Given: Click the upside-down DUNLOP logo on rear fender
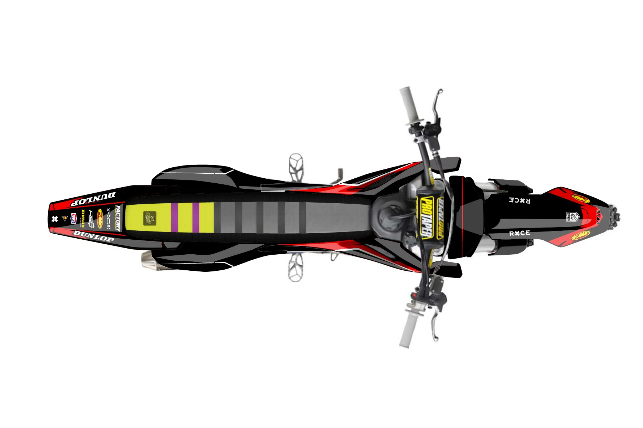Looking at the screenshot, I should pyautogui.click(x=93, y=199).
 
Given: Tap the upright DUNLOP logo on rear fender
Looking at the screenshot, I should pyautogui.click(x=94, y=236).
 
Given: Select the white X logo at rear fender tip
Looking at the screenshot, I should pyautogui.click(x=55, y=219).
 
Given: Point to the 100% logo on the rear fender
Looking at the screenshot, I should pyautogui.click(x=74, y=218).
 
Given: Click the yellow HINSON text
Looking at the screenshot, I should pyautogui.click(x=83, y=218).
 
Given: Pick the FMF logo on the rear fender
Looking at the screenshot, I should pyautogui.click(x=100, y=218).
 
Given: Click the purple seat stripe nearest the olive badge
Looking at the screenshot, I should pyautogui.click(x=174, y=218).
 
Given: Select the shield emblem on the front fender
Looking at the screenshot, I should pyautogui.click(x=572, y=217).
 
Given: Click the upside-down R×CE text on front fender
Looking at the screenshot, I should pyautogui.click(x=519, y=200).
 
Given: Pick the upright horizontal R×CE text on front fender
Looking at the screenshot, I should pyautogui.click(x=519, y=234).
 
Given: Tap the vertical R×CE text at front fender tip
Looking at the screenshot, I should pyautogui.click(x=598, y=216).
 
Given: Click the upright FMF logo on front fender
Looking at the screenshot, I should pyautogui.click(x=580, y=236).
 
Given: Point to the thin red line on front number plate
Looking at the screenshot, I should pyautogui.click(x=463, y=218).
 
